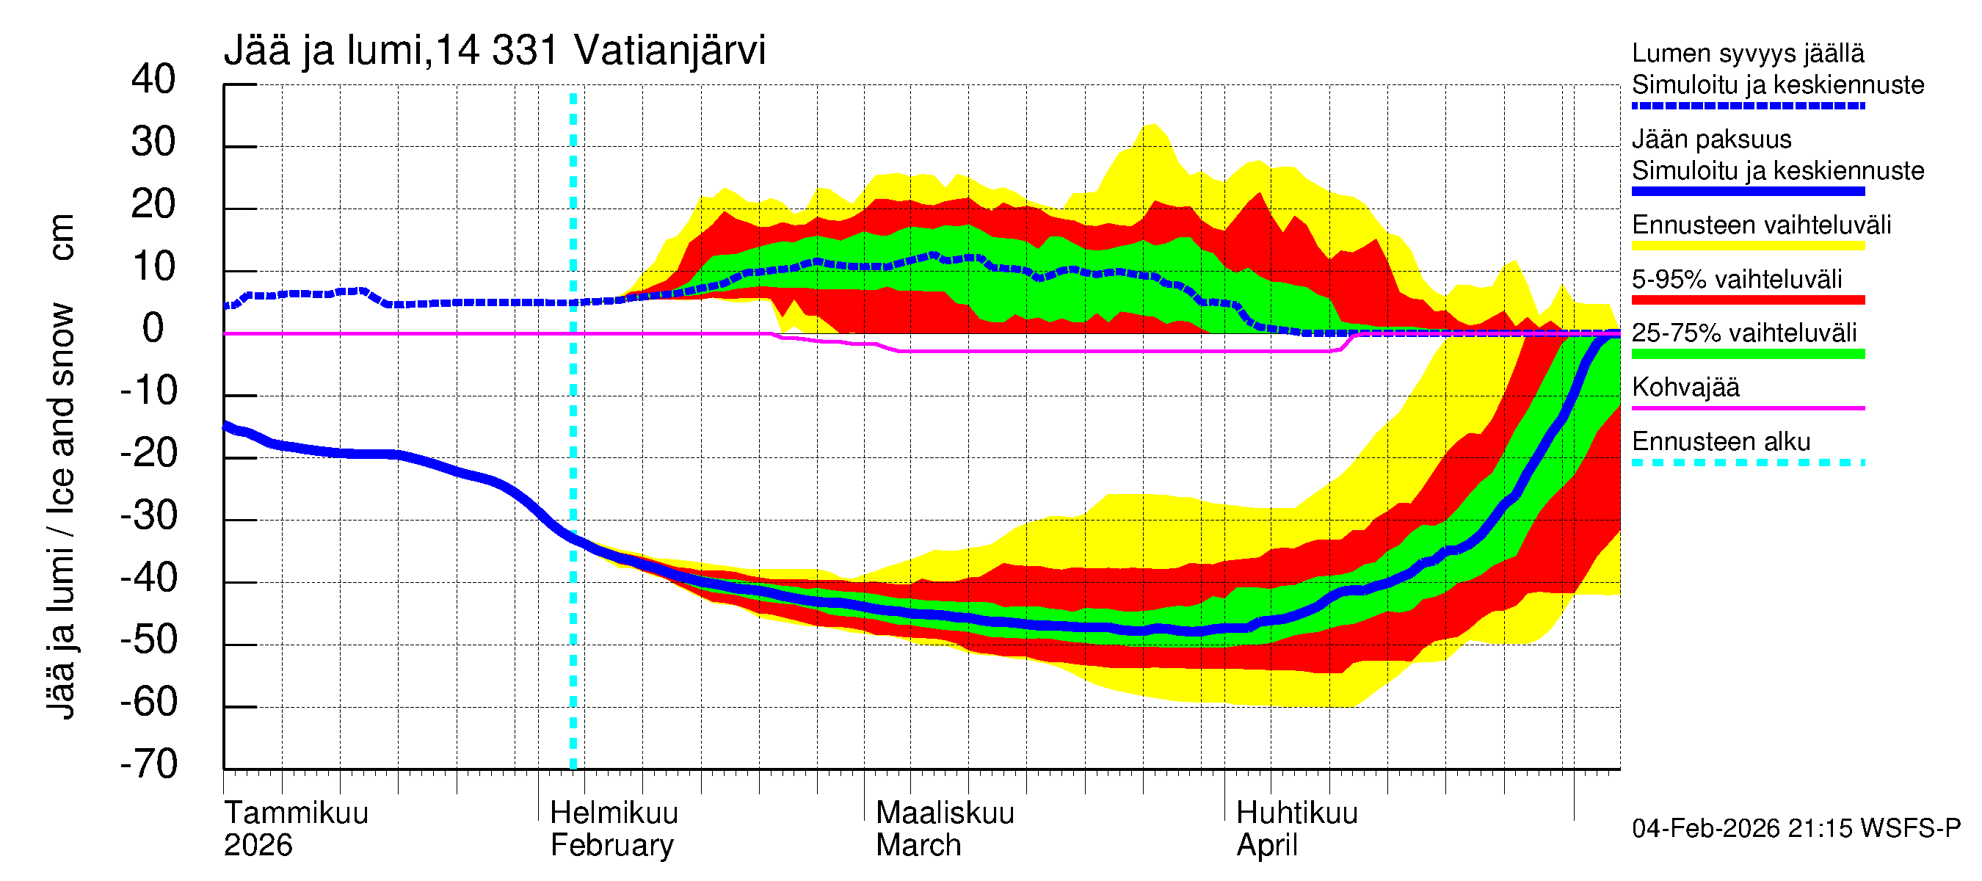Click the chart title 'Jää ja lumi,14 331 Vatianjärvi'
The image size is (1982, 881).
tap(494, 51)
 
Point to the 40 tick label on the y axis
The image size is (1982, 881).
tap(153, 79)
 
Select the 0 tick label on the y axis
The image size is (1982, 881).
tap(153, 329)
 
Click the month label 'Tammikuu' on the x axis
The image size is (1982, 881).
tap(297, 813)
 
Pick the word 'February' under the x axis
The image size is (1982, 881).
tap(611, 845)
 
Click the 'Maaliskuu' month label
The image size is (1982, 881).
tap(945, 813)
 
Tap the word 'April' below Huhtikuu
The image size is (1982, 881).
tap(1266, 845)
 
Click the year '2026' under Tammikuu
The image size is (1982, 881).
tap(258, 845)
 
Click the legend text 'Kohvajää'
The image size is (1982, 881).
tap(1685, 387)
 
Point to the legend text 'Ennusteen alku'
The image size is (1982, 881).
tap(1721, 442)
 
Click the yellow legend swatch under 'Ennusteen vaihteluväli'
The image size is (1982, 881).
tap(1747, 245)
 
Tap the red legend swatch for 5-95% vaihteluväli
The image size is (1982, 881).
tap(1747, 300)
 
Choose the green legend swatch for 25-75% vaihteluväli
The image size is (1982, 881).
tap(1747, 354)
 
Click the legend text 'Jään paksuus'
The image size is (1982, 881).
tap(1711, 139)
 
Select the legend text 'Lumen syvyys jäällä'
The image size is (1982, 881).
tap(1747, 53)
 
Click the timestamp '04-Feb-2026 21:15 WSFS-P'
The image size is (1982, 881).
tap(1796, 828)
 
